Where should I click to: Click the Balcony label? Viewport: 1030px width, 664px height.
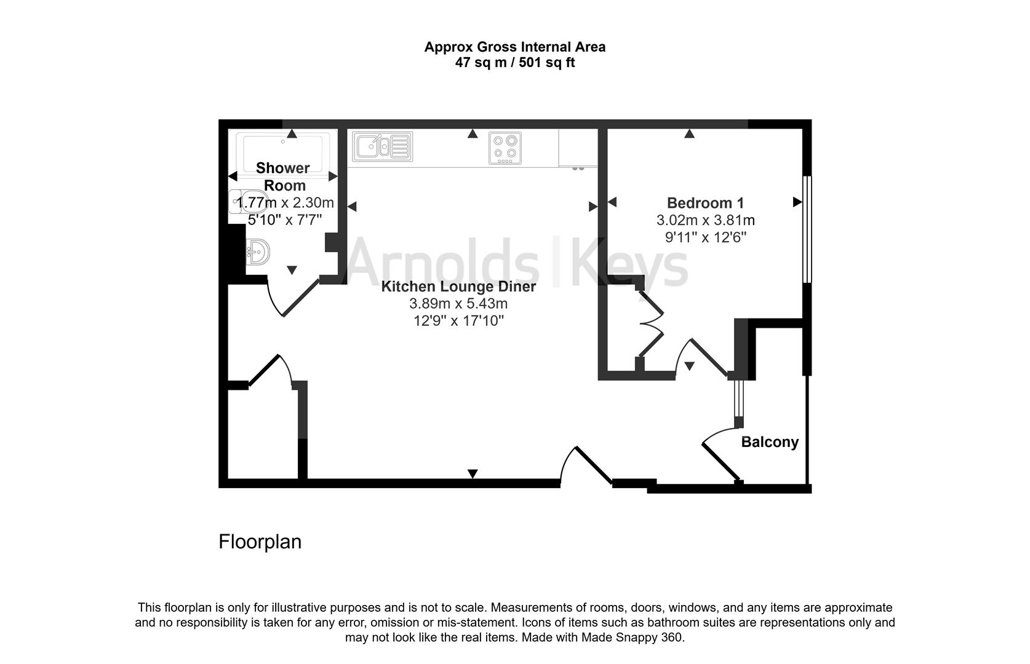(x=769, y=442)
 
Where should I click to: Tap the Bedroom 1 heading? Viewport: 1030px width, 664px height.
(x=705, y=203)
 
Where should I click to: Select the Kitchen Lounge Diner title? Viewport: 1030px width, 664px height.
(x=458, y=287)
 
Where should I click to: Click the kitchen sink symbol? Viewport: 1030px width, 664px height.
(x=382, y=147)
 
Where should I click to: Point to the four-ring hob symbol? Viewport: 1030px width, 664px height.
(x=505, y=148)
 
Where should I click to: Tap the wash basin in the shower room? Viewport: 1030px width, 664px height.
(x=258, y=251)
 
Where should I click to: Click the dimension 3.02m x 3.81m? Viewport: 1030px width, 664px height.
(x=705, y=220)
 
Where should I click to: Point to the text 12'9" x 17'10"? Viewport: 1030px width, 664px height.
(x=458, y=320)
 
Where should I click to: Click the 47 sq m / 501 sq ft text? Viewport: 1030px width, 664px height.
(x=514, y=62)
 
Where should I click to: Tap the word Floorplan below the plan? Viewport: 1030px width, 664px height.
(x=260, y=542)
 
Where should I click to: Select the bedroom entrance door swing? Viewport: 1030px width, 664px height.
(x=701, y=357)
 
